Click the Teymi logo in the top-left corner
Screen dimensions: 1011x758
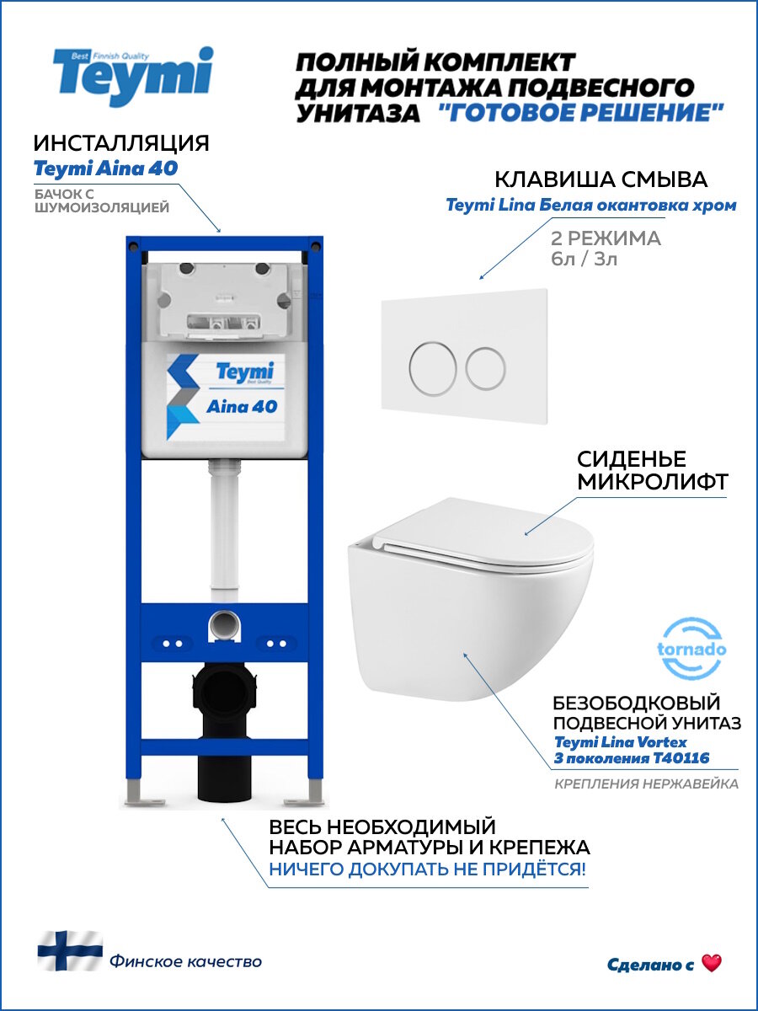coord(133,76)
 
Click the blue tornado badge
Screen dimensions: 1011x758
coord(691,649)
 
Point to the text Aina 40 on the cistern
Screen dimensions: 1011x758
coord(242,406)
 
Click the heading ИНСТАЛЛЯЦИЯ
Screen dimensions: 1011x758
coord(121,142)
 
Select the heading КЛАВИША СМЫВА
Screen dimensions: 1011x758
coord(601,179)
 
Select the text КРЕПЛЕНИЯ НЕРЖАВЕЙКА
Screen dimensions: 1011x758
coord(646,784)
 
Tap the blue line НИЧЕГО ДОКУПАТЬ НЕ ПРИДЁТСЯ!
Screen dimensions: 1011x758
coord(427,869)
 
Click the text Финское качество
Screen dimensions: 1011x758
coord(185,961)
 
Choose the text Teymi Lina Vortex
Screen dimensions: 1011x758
coord(621,741)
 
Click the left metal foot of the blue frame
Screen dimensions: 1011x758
coord(136,792)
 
